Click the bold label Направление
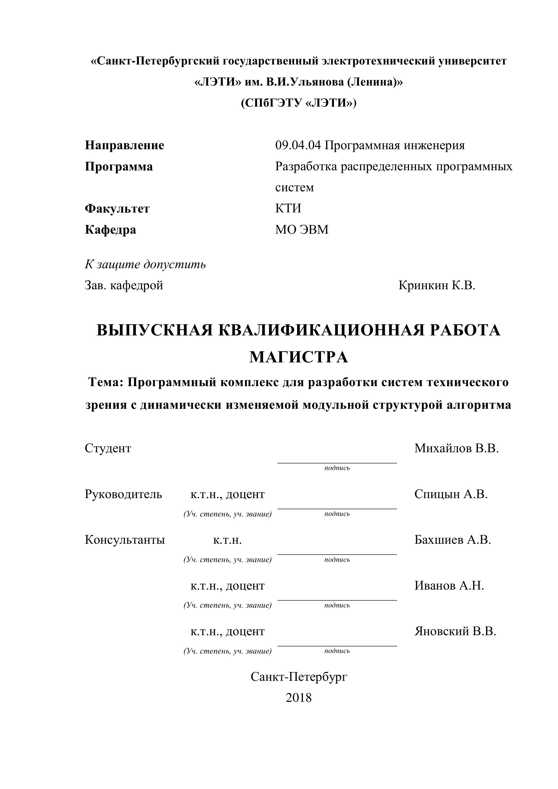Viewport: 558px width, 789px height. (x=124, y=145)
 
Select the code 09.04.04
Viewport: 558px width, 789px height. (x=298, y=145)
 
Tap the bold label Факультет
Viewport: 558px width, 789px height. (x=117, y=209)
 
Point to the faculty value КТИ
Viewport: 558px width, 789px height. (x=288, y=208)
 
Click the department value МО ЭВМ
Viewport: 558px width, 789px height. (x=302, y=230)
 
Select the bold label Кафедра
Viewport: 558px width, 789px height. (x=110, y=230)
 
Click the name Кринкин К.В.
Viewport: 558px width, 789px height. (x=437, y=285)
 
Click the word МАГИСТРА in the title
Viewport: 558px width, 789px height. (x=299, y=357)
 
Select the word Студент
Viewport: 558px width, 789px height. (x=108, y=448)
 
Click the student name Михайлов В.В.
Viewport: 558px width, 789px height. (x=456, y=448)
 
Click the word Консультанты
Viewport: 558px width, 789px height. (x=125, y=540)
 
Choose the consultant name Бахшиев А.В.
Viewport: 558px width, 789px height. (x=452, y=540)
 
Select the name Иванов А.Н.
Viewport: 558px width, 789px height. (x=449, y=586)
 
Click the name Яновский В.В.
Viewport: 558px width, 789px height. (x=455, y=631)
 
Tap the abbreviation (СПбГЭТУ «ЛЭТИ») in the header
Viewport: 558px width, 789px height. (x=299, y=103)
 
